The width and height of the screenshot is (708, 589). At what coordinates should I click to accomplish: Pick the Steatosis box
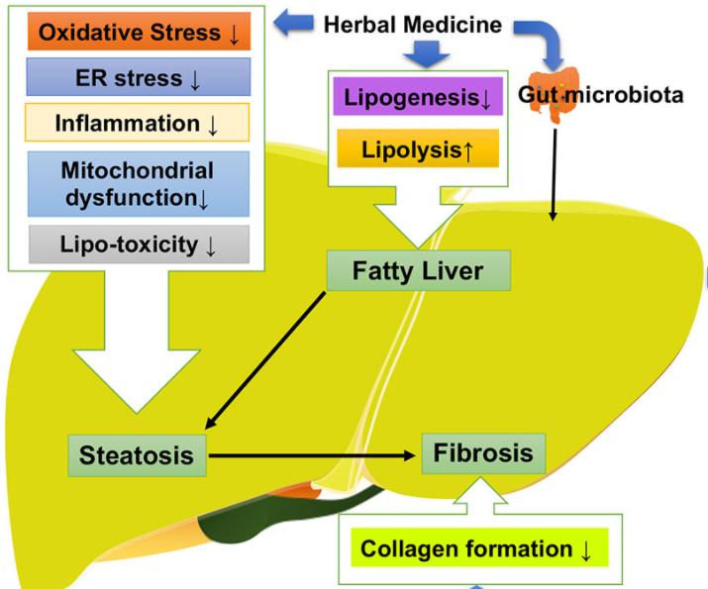[x=138, y=455]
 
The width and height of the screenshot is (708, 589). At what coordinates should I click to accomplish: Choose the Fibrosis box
[x=483, y=453]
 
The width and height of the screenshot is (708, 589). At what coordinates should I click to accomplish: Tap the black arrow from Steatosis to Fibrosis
[x=312, y=455]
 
